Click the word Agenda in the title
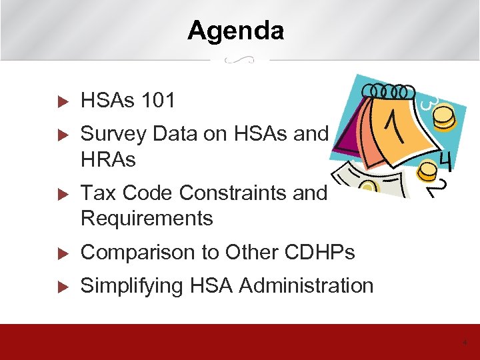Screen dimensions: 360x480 235,31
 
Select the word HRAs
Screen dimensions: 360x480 108,159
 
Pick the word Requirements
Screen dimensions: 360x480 147,218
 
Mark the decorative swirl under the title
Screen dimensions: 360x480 239,60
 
